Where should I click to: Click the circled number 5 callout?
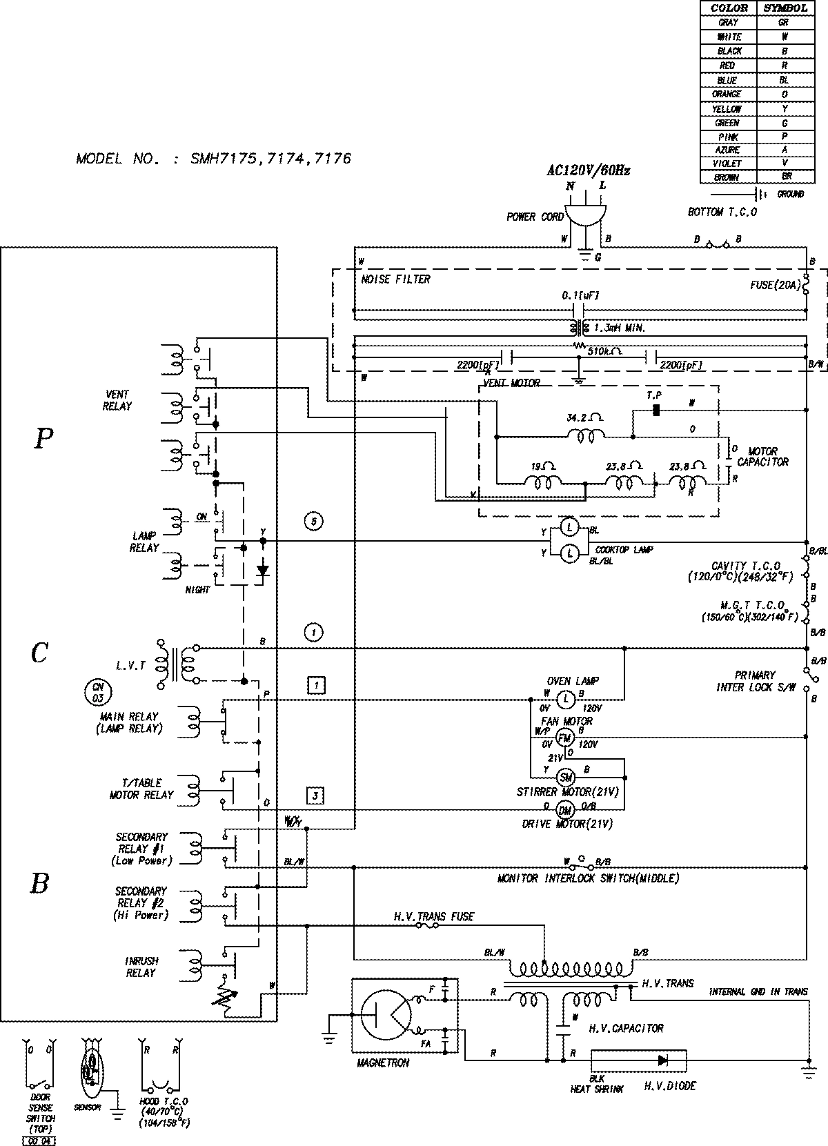[x=313, y=521]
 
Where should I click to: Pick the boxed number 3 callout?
[x=315, y=796]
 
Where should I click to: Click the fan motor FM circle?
[x=565, y=737]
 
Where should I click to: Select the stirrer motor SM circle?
[x=565, y=776]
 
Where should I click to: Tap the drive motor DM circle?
[x=565, y=810]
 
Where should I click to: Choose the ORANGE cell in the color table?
[x=728, y=94]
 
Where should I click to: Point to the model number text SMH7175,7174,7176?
[x=213, y=159]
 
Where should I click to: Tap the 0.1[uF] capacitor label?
[x=580, y=295]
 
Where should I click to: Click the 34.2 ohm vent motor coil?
[x=586, y=435]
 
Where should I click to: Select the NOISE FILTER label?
[x=395, y=279]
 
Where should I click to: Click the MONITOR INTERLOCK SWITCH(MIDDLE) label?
[x=589, y=878]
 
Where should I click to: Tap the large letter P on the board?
[x=43, y=438]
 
